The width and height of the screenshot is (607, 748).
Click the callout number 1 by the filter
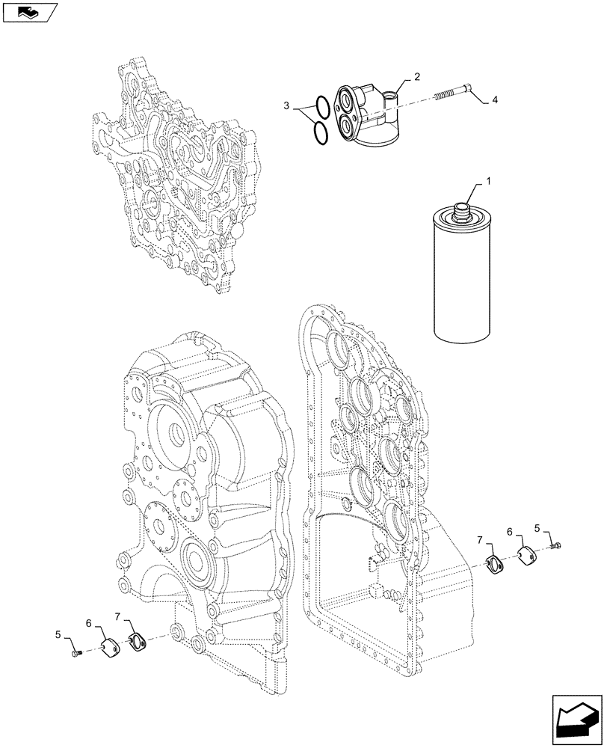tap(490, 182)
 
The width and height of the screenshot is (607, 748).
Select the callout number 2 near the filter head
tap(417, 78)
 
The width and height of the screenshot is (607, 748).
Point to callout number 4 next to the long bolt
tap(494, 100)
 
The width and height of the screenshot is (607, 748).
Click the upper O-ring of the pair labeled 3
tap(321, 106)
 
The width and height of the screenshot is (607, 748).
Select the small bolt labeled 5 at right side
tap(556, 548)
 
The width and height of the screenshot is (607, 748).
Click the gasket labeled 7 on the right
tap(494, 565)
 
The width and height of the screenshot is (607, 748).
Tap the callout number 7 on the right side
tap(482, 538)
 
